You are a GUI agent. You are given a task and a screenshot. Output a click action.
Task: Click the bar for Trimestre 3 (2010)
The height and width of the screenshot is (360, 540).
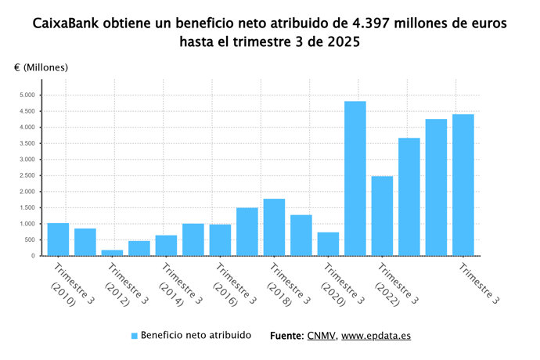pyautogui.click(x=58, y=239)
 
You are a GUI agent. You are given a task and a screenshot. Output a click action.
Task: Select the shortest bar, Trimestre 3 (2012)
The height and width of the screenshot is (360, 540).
pyautogui.click(x=112, y=252)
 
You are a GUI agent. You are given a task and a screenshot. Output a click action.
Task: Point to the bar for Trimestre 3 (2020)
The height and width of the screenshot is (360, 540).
pyautogui.click(x=328, y=243)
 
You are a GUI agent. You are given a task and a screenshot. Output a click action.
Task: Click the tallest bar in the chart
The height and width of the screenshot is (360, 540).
pyautogui.click(x=355, y=178)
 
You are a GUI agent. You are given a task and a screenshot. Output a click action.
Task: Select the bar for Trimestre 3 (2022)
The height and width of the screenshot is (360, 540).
pyautogui.click(x=382, y=216)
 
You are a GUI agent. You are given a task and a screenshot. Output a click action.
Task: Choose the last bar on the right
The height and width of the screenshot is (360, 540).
pyautogui.click(x=463, y=185)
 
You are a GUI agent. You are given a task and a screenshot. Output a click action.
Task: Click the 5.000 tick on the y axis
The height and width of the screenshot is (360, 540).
pyautogui.click(x=27, y=95)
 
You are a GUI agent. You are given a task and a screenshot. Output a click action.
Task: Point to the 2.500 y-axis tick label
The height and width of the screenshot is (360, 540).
pyautogui.click(x=27, y=175)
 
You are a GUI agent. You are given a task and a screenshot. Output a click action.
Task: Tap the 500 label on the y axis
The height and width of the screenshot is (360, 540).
pyautogui.click(x=30, y=239)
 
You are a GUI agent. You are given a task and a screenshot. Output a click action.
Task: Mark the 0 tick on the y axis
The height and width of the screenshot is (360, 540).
pyautogui.click(x=34, y=256)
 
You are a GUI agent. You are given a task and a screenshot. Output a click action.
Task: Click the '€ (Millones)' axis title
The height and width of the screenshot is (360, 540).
pyautogui.click(x=41, y=67)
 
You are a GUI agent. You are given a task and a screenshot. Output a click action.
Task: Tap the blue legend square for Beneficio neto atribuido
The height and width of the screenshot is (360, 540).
pyautogui.click(x=135, y=336)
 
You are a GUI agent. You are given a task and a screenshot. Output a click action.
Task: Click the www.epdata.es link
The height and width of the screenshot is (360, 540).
pyautogui.click(x=376, y=336)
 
